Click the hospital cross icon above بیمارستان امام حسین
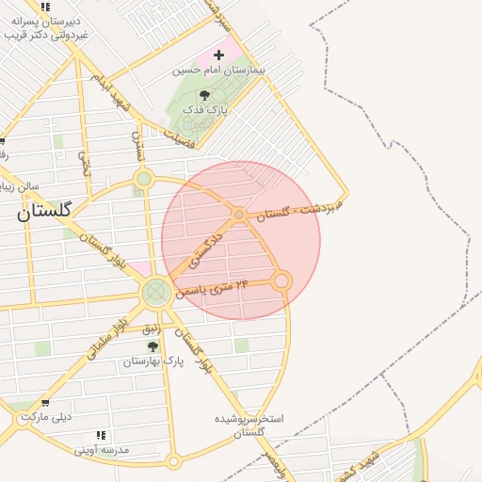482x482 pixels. point(219,56)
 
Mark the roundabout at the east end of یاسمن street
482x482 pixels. point(281,281)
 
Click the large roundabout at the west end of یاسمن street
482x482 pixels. point(156,293)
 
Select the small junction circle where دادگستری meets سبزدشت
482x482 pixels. point(239,215)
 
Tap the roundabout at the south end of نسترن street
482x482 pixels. point(143,178)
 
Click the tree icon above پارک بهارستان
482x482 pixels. point(153,346)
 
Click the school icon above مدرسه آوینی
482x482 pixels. point(102,435)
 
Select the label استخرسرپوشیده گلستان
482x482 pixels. point(249,425)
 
